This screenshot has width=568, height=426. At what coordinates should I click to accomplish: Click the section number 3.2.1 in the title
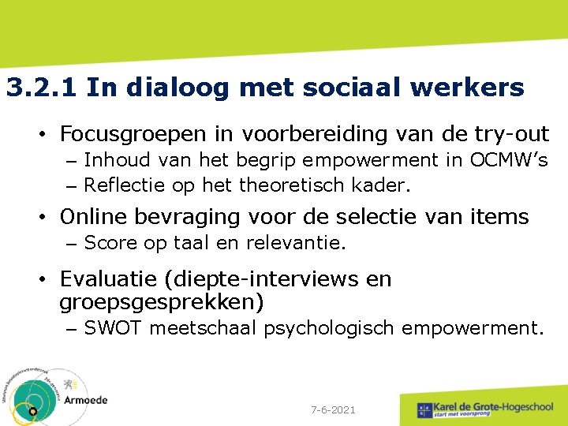[x=41, y=88]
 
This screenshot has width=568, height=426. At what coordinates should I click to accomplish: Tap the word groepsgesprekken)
[x=162, y=302]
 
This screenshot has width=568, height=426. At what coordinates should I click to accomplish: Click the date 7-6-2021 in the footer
[x=334, y=410]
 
